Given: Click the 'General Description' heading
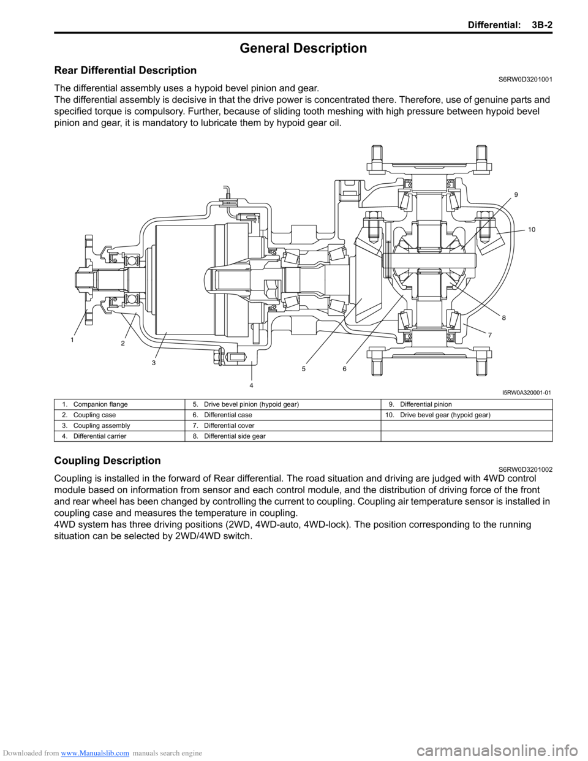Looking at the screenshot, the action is [x=303, y=48].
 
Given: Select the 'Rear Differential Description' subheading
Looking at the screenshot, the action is [x=126, y=70].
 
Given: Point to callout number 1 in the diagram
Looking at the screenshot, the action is [x=72, y=339].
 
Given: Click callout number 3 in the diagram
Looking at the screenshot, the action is [x=153, y=363].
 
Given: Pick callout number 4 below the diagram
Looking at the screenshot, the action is [x=251, y=385].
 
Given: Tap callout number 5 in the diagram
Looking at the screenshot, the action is [x=304, y=368].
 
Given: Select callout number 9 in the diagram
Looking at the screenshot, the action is [x=516, y=194].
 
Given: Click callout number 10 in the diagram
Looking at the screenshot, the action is [x=532, y=229].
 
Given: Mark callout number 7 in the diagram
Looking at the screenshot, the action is [x=490, y=335].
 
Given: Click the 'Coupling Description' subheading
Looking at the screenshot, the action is [x=107, y=461].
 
